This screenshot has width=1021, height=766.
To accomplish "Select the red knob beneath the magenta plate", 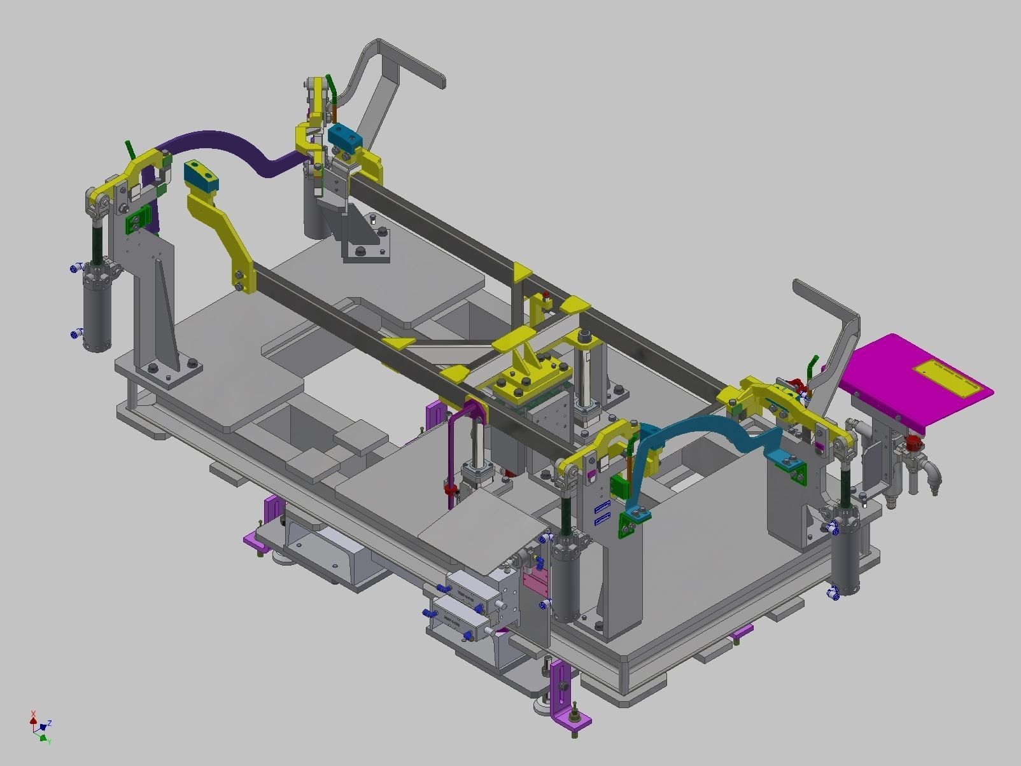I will (914, 443).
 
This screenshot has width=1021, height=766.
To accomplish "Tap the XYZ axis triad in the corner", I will (40, 727).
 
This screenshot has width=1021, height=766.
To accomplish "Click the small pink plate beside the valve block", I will (533, 580).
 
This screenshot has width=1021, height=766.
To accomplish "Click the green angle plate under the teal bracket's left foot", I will (628, 523).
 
